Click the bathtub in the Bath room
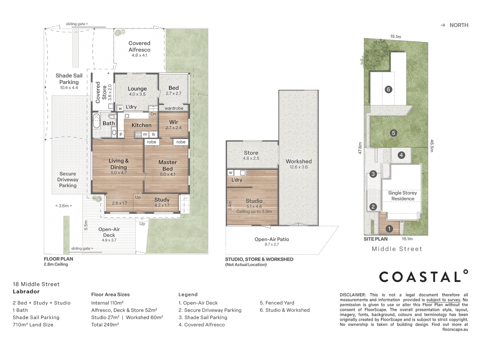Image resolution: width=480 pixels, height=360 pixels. [x=96, y=121]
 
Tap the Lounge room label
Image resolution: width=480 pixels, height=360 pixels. [x=137, y=89]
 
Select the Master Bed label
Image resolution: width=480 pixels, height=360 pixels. [x=168, y=165]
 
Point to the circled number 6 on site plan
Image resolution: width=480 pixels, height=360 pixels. [x=388, y=89]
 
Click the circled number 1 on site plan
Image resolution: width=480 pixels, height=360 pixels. [x=389, y=229]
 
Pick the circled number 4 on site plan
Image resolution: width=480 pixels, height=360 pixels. [x=401, y=155]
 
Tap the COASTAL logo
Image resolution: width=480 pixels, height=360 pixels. [x=423, y=276]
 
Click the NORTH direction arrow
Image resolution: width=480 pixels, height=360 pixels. [x=443, y=25]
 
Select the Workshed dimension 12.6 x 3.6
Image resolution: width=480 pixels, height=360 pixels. [x=299, y=167]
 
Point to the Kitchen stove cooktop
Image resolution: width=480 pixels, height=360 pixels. [x=138, y=134]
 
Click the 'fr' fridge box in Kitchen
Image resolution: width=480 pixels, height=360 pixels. [x=154, y=134]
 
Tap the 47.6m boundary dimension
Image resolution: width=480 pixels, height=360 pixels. [x=360, y=148]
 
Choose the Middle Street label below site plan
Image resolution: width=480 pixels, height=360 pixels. [x=397, y=249]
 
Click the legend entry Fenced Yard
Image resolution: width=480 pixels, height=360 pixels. [x=277, y=303]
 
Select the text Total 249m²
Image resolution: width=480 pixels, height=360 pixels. [x=105, y=325]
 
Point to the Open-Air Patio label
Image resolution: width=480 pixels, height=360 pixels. [x=272, y=239]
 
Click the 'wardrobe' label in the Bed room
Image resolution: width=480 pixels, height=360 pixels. [x=174, y=108]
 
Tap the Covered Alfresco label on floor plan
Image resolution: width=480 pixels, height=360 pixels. [x=139, y=46]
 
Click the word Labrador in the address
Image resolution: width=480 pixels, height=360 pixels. [x=26, y=291]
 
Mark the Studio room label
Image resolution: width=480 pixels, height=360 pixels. [x=254, y=201]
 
